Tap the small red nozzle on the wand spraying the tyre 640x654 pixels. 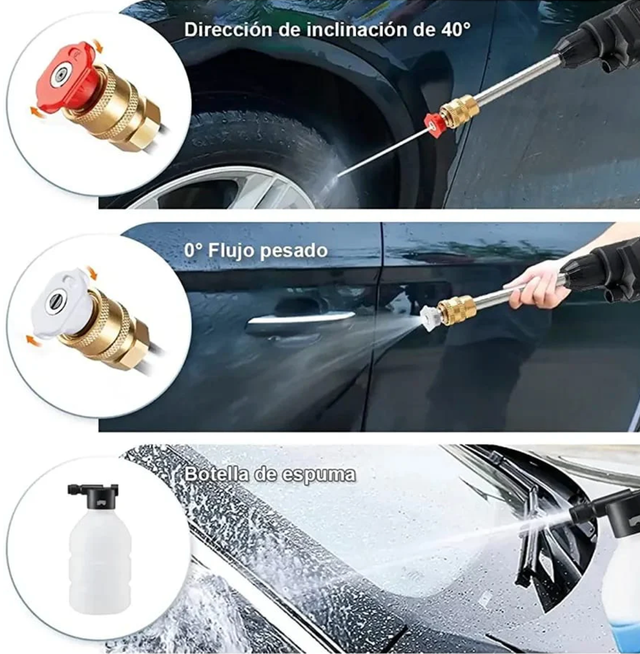434,124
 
